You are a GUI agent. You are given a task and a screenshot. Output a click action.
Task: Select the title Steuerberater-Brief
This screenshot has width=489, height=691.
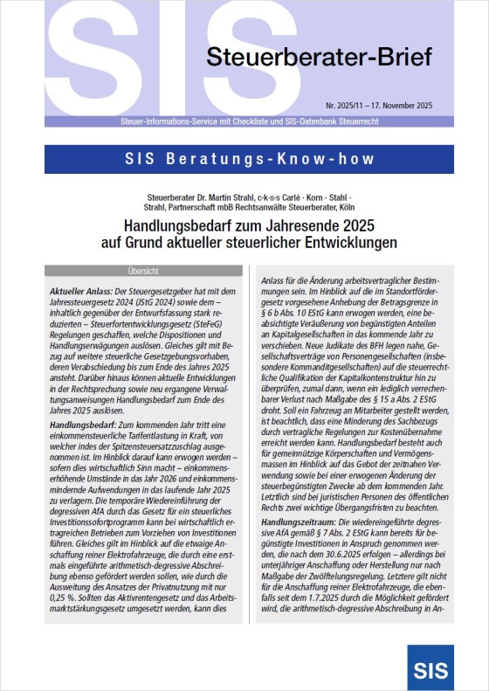tap(319, 59)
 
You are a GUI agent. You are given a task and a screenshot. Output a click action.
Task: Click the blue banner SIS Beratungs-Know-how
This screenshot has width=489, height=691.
tap(244, 159)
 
